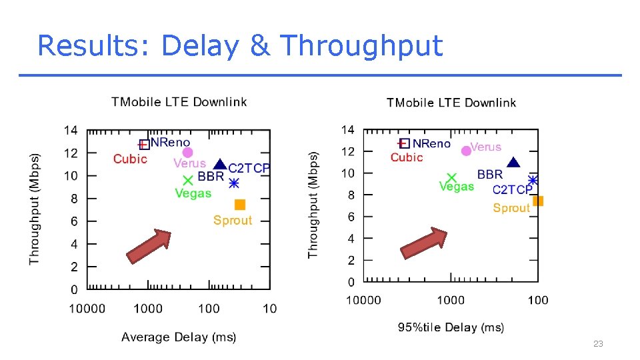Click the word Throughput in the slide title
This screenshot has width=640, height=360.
click(361, 46)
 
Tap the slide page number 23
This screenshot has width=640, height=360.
click(598, 343)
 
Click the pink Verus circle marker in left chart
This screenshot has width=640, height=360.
click(187, 152)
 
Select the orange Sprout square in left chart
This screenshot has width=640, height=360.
click(240, 205)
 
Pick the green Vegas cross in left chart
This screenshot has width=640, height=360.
click(188, 179)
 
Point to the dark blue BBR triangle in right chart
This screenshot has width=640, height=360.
click(513, 163)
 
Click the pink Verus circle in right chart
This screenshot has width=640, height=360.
click(466, 151)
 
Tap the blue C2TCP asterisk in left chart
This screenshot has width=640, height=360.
click(233, 183)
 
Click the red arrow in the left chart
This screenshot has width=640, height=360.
click(149, 246)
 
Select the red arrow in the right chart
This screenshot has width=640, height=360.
click(423, 243)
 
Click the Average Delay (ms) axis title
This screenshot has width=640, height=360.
click(179, 337)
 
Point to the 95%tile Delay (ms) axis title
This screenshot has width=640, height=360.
click(451, 327)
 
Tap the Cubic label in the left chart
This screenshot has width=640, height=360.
click(130, 159)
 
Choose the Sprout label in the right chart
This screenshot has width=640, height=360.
click(511, 208)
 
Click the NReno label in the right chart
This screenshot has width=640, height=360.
click(431, 143)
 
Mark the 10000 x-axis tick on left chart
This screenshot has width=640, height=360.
click(87, 308)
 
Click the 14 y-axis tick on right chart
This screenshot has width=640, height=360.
click(348, 129)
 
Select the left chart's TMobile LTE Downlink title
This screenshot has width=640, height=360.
click(179, 102)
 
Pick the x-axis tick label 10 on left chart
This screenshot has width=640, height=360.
click(269, 308)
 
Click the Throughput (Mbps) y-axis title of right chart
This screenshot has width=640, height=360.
click(313, 205)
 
